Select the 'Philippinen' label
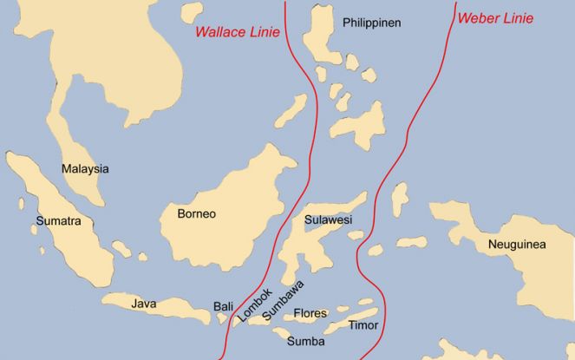point(371,23)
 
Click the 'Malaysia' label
point(85,169)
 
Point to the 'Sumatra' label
point(58,221)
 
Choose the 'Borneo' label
point(196,213)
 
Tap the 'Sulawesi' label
point(329,221)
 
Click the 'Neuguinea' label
point(517,245)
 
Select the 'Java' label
point(144,304)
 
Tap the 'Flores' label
point(310,312)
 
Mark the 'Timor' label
point(363,326)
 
